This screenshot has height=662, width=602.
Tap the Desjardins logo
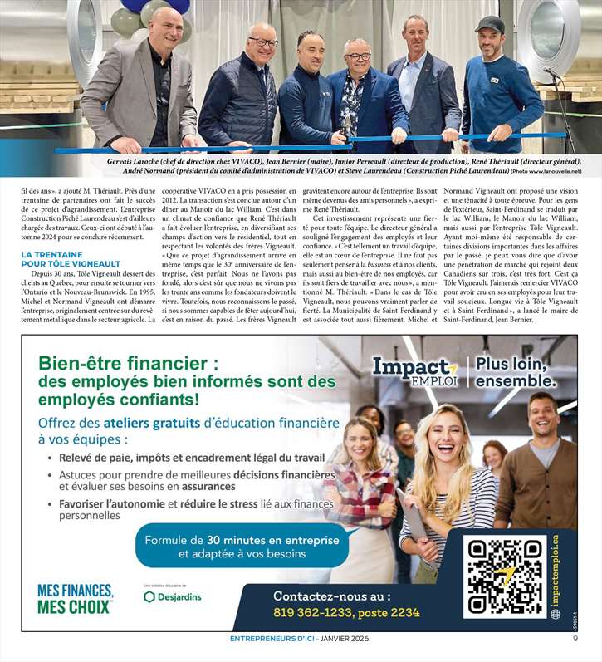coord(173,596)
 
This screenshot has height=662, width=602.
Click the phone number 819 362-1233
coord(346,613)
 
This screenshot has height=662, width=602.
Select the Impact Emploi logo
coord(414,370)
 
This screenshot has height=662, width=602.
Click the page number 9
coord(575,639)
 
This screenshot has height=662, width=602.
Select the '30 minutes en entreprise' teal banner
coord(242,546)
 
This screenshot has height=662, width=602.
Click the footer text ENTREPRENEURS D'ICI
coord(269,639)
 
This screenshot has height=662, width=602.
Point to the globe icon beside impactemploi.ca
coord(556,614)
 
